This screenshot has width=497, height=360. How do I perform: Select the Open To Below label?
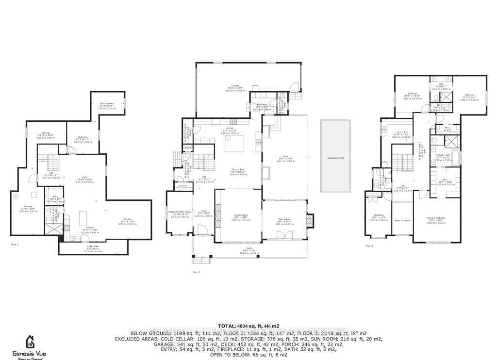click(x=402, y=220)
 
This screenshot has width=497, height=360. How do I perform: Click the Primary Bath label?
click(x=444, y=155)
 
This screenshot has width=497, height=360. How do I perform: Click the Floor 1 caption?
click(x=15, y=245)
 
